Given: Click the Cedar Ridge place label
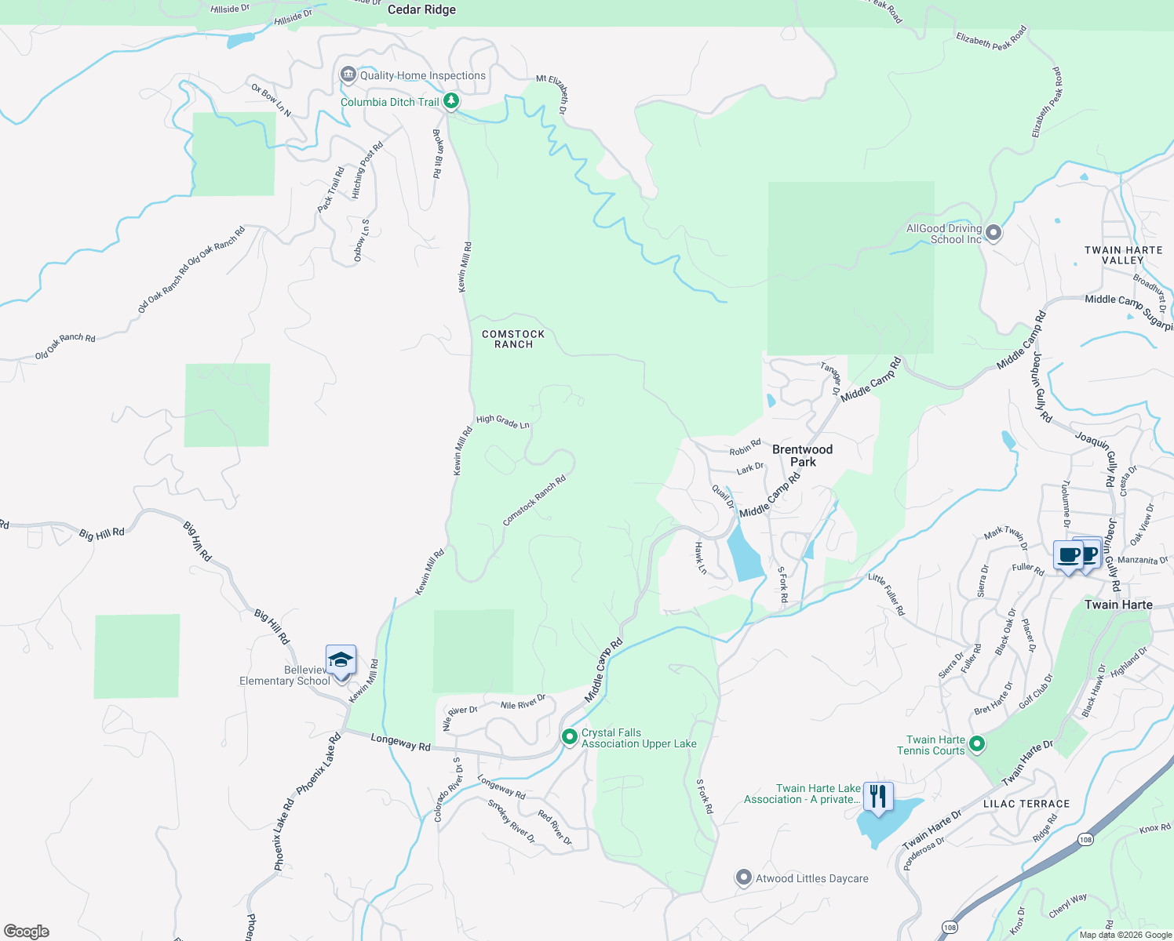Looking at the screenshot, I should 421,9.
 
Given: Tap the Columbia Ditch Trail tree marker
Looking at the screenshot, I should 451,101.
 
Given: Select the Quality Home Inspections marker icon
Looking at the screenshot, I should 348,74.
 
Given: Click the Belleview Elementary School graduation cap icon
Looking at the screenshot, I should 341,660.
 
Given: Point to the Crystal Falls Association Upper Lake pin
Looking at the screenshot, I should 570,737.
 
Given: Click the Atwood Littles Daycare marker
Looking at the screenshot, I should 743,877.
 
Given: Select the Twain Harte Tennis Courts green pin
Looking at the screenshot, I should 977,743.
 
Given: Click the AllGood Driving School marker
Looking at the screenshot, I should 994,233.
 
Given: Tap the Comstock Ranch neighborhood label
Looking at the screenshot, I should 513,339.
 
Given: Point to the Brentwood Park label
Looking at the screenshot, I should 802,456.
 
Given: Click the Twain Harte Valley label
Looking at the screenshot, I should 1123,255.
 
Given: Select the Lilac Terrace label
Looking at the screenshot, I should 1026,804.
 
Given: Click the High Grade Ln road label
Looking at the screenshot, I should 502,422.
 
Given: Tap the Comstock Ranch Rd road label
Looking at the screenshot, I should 534,500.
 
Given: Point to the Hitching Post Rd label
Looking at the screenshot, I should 366,170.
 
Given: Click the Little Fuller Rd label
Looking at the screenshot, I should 886,594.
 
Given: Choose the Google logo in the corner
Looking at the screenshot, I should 27,931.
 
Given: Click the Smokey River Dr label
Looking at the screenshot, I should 511,821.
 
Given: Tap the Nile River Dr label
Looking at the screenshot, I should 523,702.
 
